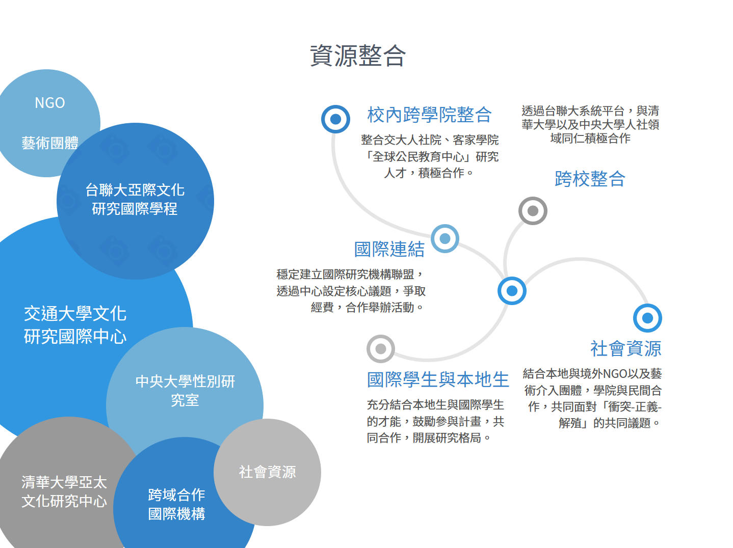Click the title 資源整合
[358, 56]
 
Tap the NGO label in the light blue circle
[50, 103]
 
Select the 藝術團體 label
[50, 143]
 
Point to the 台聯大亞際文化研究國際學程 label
[135, 199]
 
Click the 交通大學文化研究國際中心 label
[75, 325]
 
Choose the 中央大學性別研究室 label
[185, 391]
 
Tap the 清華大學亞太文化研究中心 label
[64, 491]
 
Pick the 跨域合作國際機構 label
[176, 504]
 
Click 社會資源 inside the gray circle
[267, 472]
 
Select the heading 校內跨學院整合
[429, 115]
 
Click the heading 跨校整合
[590, 179]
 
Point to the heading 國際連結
[389, 249]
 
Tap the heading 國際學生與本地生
[438, 379]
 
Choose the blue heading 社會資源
[625, 349]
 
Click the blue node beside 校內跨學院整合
[335, 119]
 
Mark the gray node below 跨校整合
[533, 211]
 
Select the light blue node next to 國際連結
[445, 238]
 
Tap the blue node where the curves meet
[512, 291]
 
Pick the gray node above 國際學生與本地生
[380, 349]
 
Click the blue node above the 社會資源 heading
[647, 318]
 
